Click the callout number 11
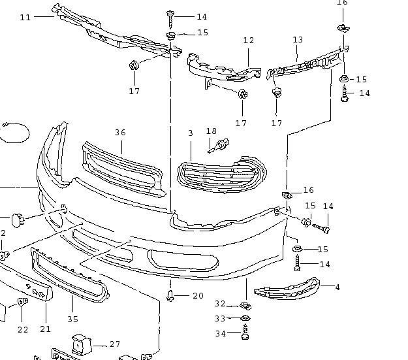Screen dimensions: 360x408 click(x=25, y=17)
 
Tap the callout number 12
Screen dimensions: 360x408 click(x=248, y=41)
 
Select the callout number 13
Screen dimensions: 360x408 click(x=298, y=40)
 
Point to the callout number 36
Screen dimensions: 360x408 click(x=120, y=132)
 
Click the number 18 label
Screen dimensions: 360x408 click(x=211, y=132)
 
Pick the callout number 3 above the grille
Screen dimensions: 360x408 click(x=191, y=133)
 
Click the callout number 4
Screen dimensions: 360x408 click(x=337, y=287)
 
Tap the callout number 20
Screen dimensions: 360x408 click(x=198, y=296)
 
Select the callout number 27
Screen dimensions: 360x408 click(x=115, y=344)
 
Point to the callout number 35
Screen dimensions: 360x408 click(x=72, y=319)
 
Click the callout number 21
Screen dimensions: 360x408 click(x=45, y=329)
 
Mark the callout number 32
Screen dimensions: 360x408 click(x=220, y=304)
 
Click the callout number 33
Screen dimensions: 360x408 click(x=220, y=318)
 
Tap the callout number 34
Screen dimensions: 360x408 click(x=220, y=333)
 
